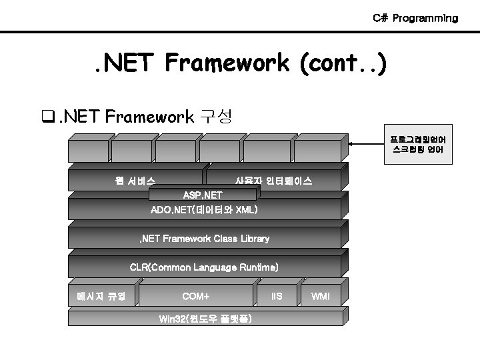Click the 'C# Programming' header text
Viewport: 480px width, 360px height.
[415, 18]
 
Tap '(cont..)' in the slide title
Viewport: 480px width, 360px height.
[341, 64]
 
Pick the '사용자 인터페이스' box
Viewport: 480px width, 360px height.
[274, 180]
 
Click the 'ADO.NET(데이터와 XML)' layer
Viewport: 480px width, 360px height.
[204, 211]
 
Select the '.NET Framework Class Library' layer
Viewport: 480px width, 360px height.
[204, 238]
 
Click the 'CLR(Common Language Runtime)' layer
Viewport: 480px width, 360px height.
[204, 267]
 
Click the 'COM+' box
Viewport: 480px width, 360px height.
[196, 295]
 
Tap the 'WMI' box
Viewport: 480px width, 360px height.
[321, 295]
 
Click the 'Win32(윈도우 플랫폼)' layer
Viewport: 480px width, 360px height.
[204, 318]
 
